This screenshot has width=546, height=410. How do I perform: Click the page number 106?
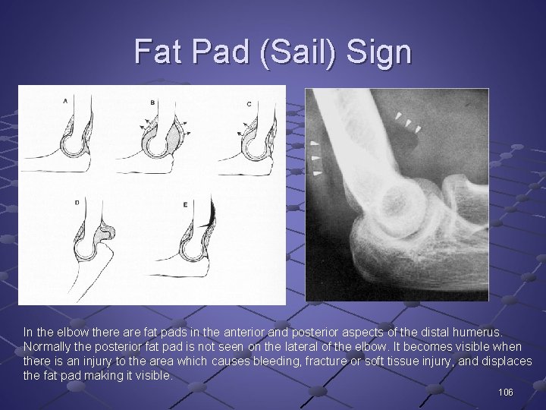click(505, 393)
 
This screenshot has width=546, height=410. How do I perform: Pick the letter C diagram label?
click(249, 103)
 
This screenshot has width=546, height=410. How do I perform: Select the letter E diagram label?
click(185, 205)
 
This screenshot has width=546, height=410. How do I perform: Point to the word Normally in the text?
click(48, 347)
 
